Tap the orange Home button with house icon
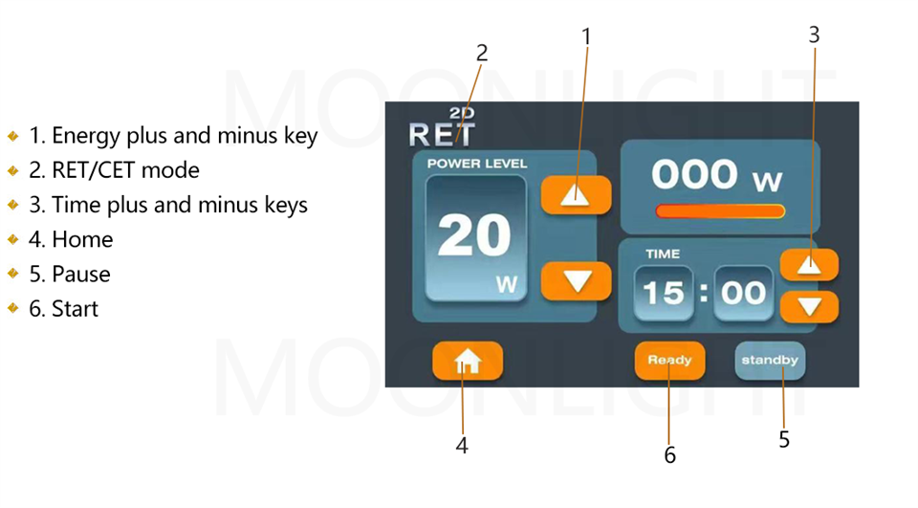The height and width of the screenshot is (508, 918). (467, 361)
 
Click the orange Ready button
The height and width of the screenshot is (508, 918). (669, 361)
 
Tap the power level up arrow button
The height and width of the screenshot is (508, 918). (576, 195)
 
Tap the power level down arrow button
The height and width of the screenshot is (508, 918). (576, 281)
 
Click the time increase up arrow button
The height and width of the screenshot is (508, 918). (809, 265)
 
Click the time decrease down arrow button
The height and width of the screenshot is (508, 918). (809, 307)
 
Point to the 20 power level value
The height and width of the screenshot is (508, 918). (474, 234)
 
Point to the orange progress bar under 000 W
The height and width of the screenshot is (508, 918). (720, 210)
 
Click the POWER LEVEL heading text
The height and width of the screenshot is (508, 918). (477, 164)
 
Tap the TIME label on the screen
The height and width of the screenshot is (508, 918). (663, 254)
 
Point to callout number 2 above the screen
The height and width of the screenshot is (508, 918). (482, 54)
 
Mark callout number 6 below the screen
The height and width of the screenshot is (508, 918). (669, 455)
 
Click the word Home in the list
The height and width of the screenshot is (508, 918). (82, 239)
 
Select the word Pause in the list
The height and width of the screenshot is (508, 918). (81, 274)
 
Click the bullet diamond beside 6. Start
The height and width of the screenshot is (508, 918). (13, 308)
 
